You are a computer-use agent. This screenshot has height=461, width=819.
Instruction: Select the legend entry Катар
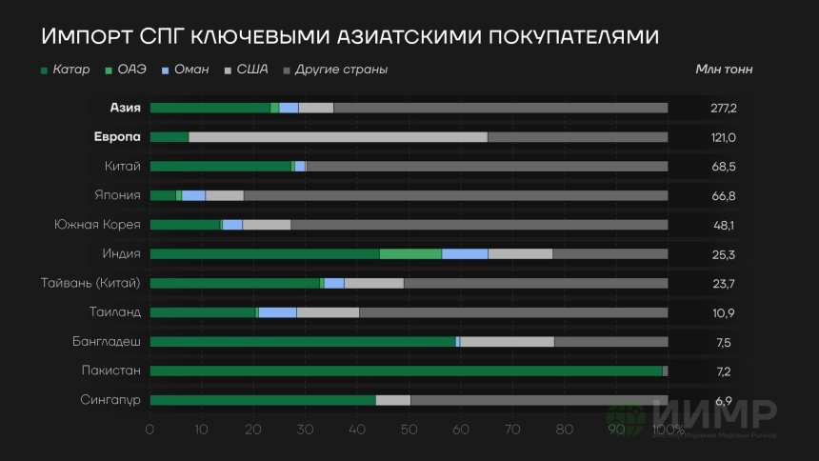pos(71,70)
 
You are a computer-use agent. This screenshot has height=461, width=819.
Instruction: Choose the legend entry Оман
pos(190,70)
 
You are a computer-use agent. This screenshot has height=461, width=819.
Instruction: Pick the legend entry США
pos(252,70)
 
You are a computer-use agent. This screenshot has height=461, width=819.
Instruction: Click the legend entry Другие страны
pos(341,70)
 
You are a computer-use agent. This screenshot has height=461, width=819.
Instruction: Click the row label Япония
pos(121,195)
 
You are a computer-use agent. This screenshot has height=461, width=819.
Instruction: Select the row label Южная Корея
pos(98,225)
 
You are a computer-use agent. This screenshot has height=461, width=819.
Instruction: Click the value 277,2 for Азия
pos(724,108)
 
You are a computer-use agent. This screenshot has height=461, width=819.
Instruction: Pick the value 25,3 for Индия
pos(724,254)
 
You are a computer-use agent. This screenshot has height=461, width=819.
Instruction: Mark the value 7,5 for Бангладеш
pos(724,342)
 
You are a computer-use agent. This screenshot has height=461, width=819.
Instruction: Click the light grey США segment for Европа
pos(338,137)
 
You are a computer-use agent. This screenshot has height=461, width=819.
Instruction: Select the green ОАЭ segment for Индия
pos(410,254)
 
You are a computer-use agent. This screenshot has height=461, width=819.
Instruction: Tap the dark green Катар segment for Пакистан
pos(406,371)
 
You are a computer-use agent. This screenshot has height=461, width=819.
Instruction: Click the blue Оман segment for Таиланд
pos(277,312)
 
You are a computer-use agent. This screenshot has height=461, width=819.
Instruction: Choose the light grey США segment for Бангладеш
pos(507,342)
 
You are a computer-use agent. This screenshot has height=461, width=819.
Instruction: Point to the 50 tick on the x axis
pos(409,430)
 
